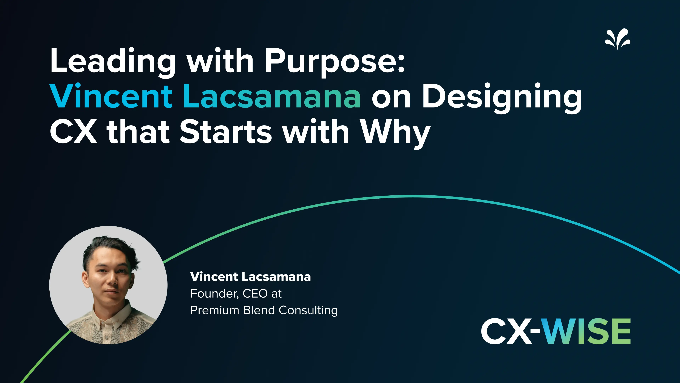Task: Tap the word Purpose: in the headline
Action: [335, 62]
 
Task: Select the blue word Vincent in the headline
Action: [111, 96]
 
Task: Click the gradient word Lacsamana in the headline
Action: [272, 96]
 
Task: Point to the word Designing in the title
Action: [501, 96]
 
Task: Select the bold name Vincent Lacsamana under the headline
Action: [250, 277]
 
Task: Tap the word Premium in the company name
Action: [214, 310]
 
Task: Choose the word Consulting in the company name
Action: [308, 310]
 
